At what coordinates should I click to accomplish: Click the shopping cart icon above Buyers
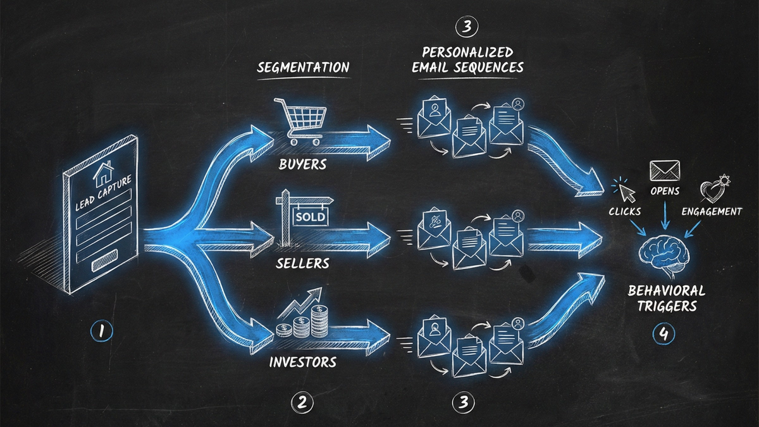click(299, 121)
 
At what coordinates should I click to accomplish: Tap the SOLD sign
click(309, 217)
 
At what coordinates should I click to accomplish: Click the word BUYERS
click(303, 164)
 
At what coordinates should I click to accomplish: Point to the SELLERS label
click(302, 263)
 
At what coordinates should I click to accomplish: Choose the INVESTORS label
click(302, 363)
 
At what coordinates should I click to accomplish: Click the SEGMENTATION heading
click(303, 68)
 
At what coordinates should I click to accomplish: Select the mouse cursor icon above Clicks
click(624, 189)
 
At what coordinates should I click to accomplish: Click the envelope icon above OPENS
click(664, 170)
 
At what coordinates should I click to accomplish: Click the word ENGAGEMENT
click(712, 212)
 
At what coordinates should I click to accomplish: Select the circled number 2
click(302, 402)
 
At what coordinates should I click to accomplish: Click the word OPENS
click(664, 191)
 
